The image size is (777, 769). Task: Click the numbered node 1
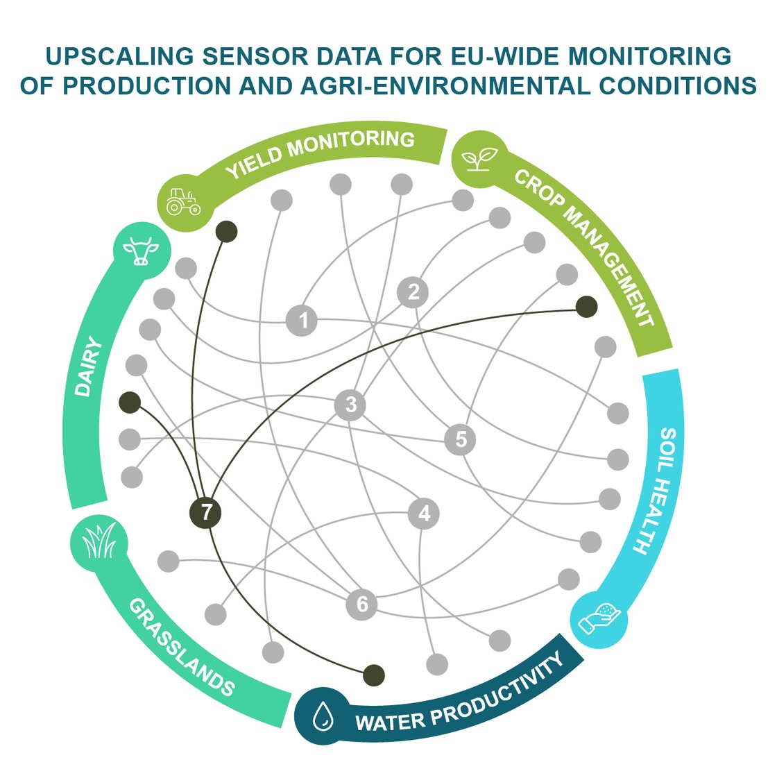[302, 321]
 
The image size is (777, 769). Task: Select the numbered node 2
[413, 291]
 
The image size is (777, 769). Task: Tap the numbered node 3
[350, 404]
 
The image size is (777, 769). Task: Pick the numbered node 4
[424, 514]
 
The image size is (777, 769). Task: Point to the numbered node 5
[461, 439]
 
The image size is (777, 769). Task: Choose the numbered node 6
[361, 604]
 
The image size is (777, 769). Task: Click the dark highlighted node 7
[205, 513]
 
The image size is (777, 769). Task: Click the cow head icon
[141, 251]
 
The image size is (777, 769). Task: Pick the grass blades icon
[99, 542]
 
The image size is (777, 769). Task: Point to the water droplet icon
[322, 718]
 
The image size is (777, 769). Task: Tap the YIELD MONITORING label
[321, 153]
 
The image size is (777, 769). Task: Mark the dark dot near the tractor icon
[226, 232]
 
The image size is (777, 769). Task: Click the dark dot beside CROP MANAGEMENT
[586, 306]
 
